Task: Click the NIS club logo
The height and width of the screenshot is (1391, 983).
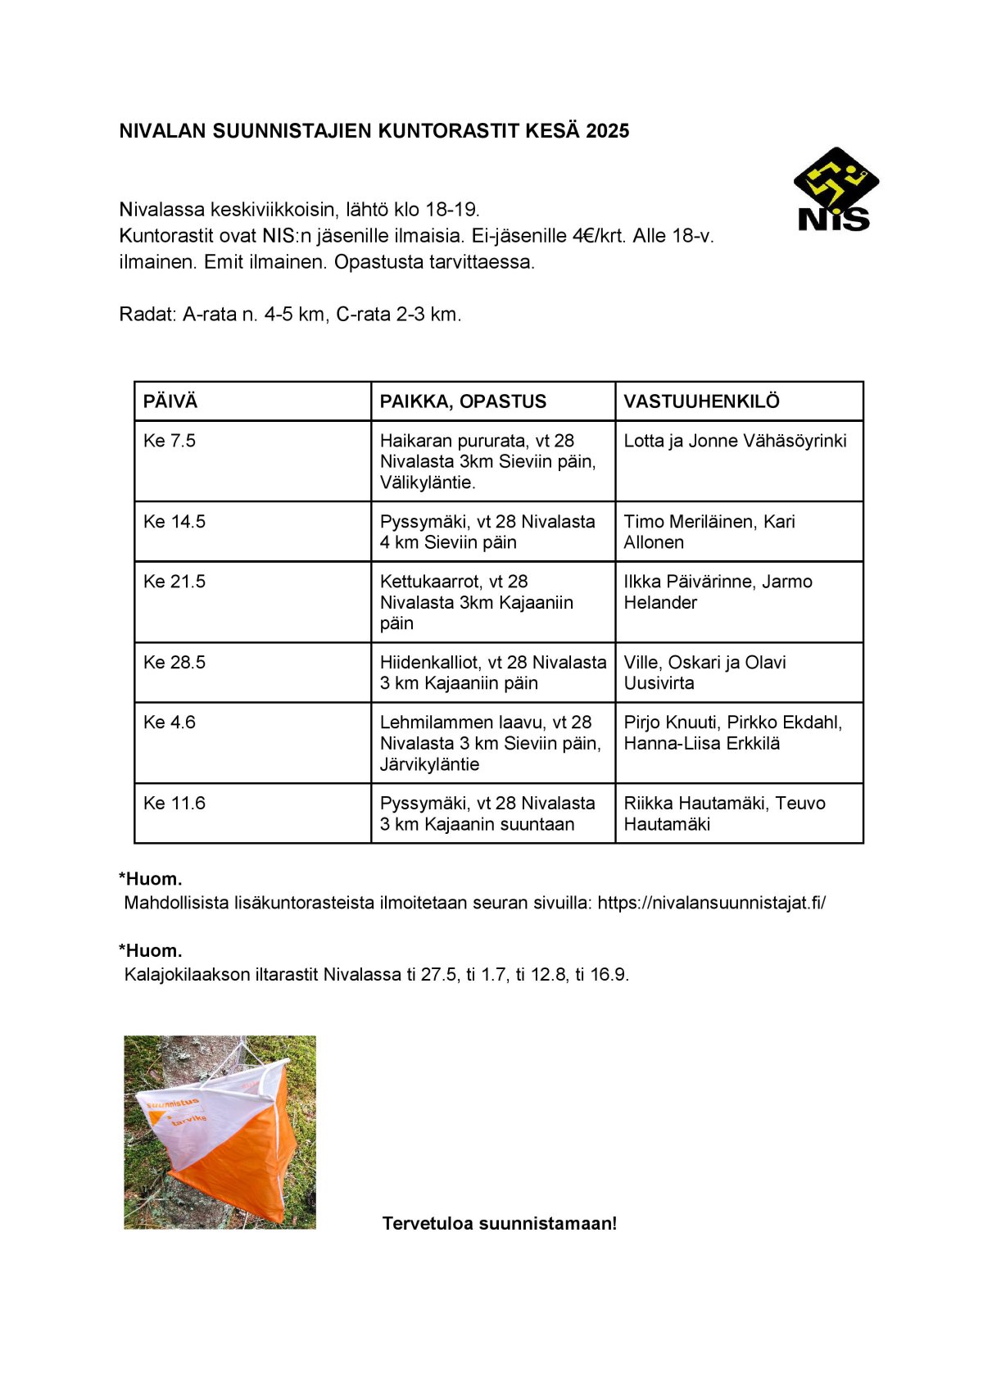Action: click(836, 190)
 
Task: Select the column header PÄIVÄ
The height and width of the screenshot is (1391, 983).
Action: click(170, 401)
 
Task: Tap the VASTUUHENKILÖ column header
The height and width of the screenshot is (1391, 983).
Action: click(701, 401)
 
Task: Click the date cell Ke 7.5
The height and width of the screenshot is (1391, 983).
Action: click(170, 441)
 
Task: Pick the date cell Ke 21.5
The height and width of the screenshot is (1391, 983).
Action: click(174, 582)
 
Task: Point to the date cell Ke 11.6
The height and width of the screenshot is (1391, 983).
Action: click(174, 804)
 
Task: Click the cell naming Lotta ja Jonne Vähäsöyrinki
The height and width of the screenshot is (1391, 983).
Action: click(735, 441)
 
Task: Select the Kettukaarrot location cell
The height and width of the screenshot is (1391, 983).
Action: click(476, 602)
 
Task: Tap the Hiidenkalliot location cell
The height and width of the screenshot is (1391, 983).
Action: click(492, 673)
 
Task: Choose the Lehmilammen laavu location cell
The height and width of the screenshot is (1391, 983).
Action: click(490, 743)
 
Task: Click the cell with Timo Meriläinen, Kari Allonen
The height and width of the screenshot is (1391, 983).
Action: click(709, 532)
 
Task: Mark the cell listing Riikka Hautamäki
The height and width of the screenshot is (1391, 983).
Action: click(724, 813)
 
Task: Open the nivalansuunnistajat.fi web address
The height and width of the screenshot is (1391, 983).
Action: click(711, 903)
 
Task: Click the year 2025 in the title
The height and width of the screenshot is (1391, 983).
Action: click(607, 131)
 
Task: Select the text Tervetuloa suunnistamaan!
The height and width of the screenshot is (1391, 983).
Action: click(499, 1223)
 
